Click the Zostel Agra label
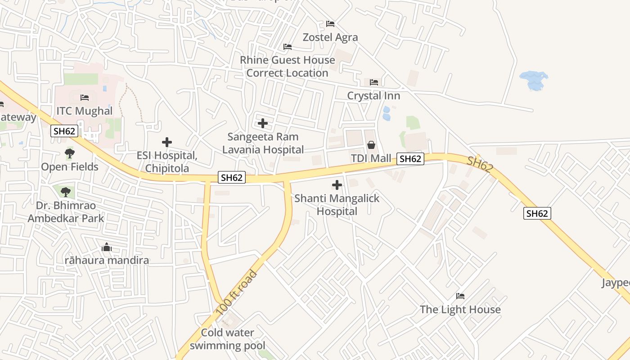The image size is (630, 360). [330, 37]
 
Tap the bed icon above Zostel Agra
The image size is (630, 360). [330, 23]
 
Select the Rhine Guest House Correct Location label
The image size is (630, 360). [287, 67]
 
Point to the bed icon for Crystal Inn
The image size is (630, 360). [373, 82]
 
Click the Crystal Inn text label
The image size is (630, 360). [373, 96]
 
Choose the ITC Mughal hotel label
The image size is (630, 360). [84, 111]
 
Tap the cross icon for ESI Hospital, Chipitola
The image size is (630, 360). [167, 142]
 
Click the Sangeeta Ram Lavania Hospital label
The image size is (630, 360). [263, 143]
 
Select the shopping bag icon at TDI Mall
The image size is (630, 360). [371, 145]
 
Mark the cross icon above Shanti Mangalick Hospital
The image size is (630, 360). [337, 185]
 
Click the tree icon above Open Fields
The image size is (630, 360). [69, 154]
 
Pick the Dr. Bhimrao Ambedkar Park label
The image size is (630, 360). [66, 212]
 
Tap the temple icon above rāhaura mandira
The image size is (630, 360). [107, 247]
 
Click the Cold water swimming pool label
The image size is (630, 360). [228, 339]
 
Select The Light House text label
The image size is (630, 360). [460, 310]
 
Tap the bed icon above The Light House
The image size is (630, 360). [460, 296]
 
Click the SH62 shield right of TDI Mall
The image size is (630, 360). [410, 158]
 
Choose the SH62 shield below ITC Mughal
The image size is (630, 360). [65, 131]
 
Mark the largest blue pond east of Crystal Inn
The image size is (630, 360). [533, 80]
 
